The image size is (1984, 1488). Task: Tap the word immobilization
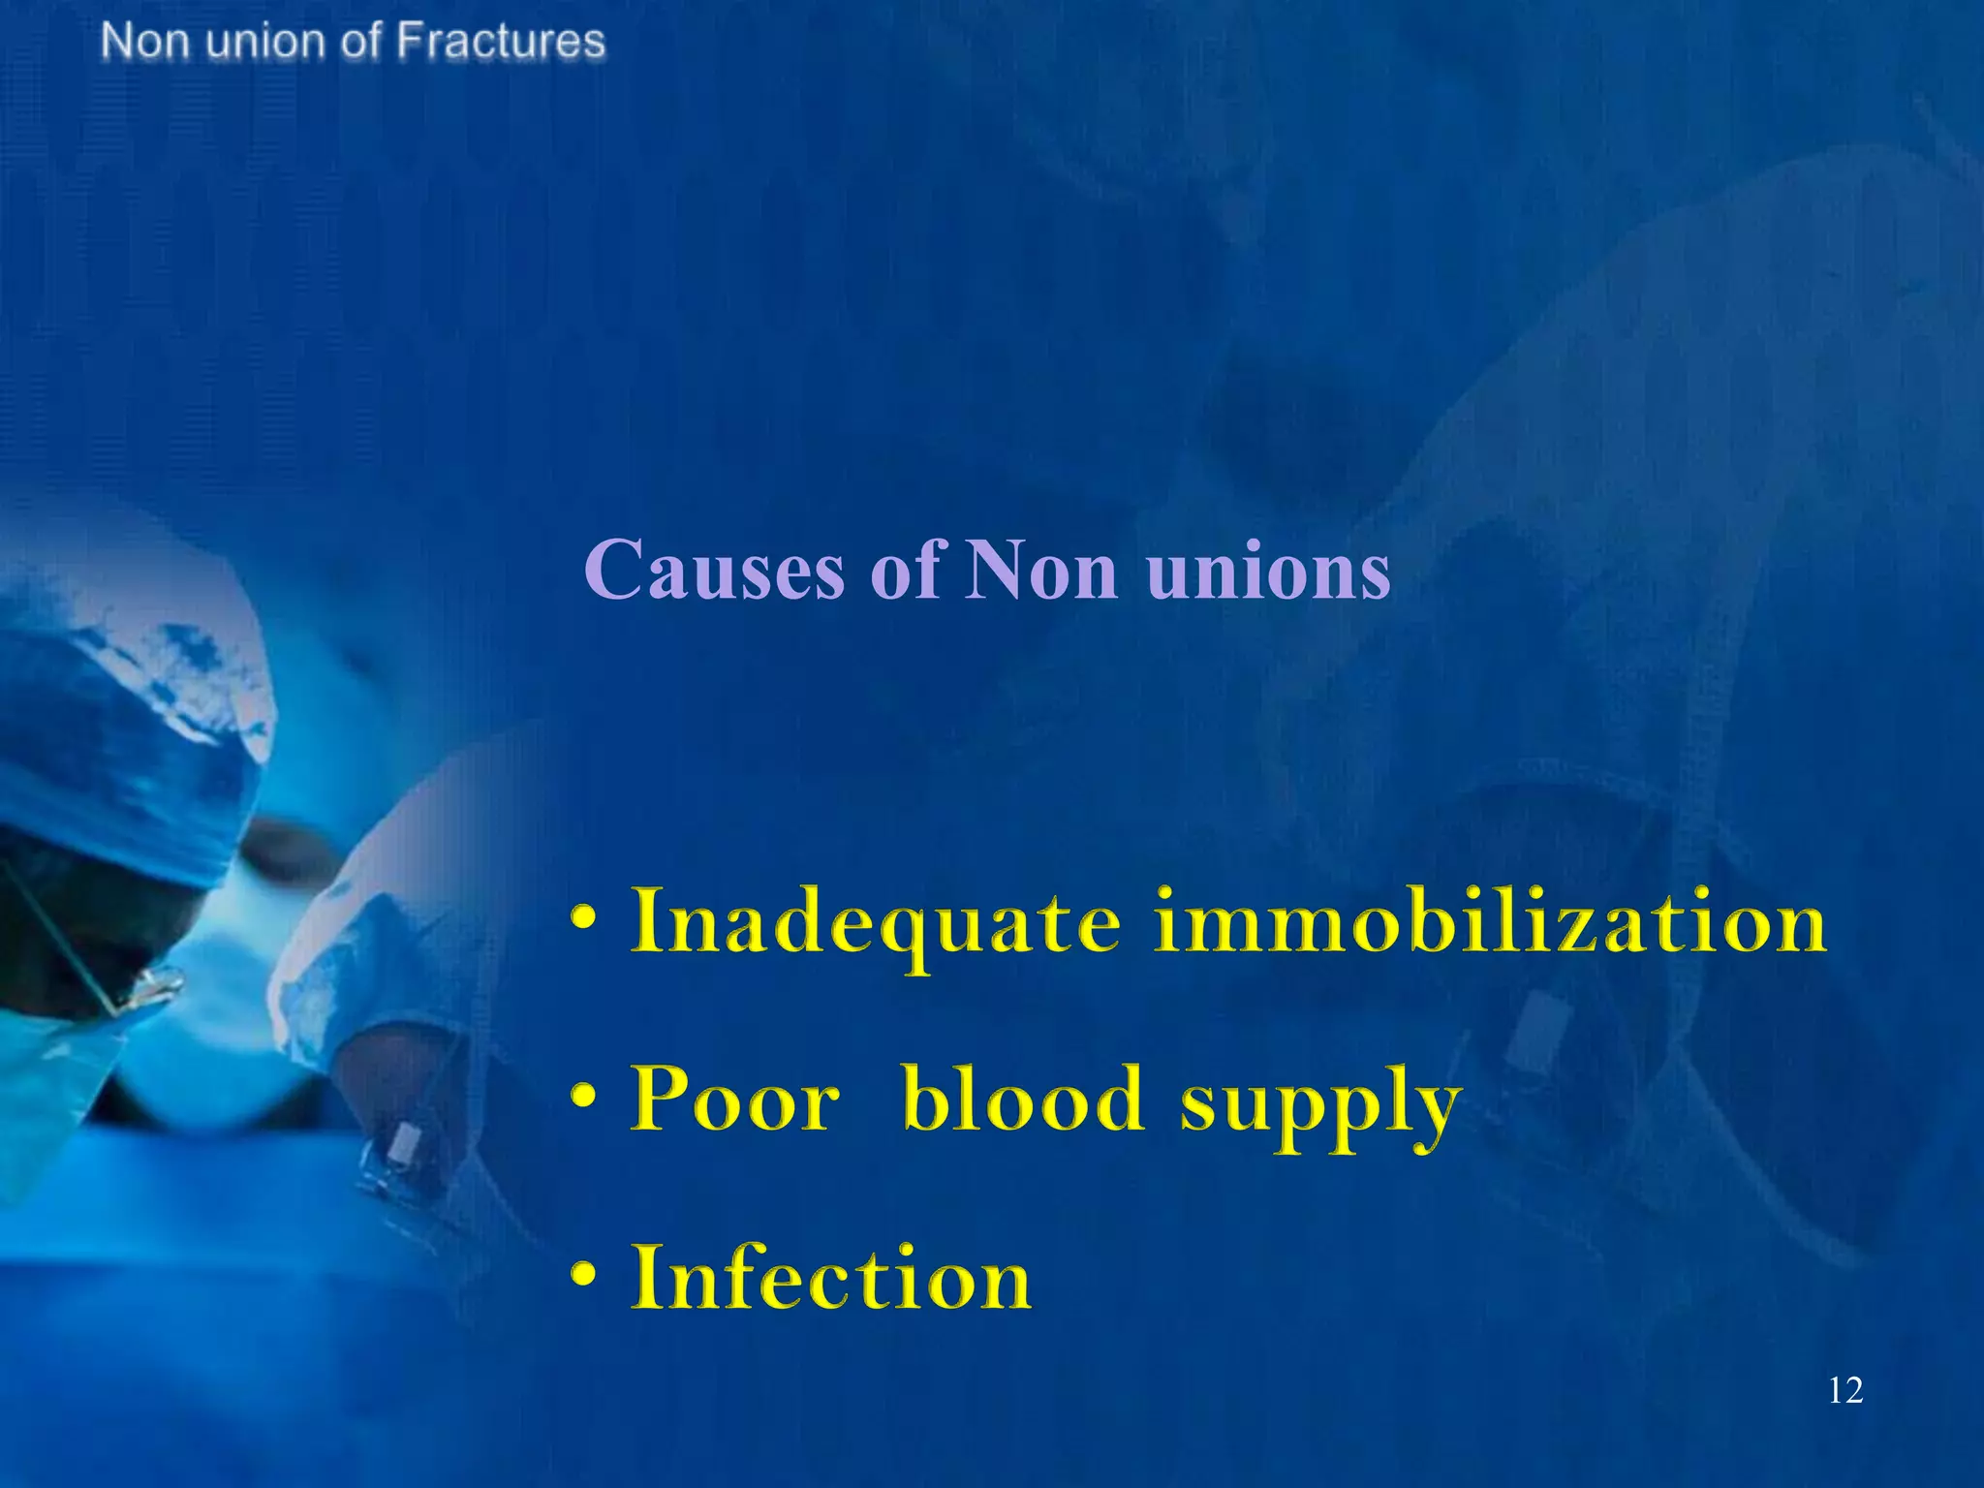click(1490, 922)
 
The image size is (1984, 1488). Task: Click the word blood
click(1023, 1100)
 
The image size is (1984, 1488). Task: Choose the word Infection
click(831, 1279)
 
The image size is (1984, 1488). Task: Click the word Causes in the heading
click(714, 572)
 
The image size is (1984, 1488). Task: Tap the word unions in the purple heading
click(1268, 572)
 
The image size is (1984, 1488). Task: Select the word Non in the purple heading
click(1042, 572)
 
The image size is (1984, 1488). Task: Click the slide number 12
click(1844, 1391)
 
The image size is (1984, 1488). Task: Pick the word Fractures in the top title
click(501, 42)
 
